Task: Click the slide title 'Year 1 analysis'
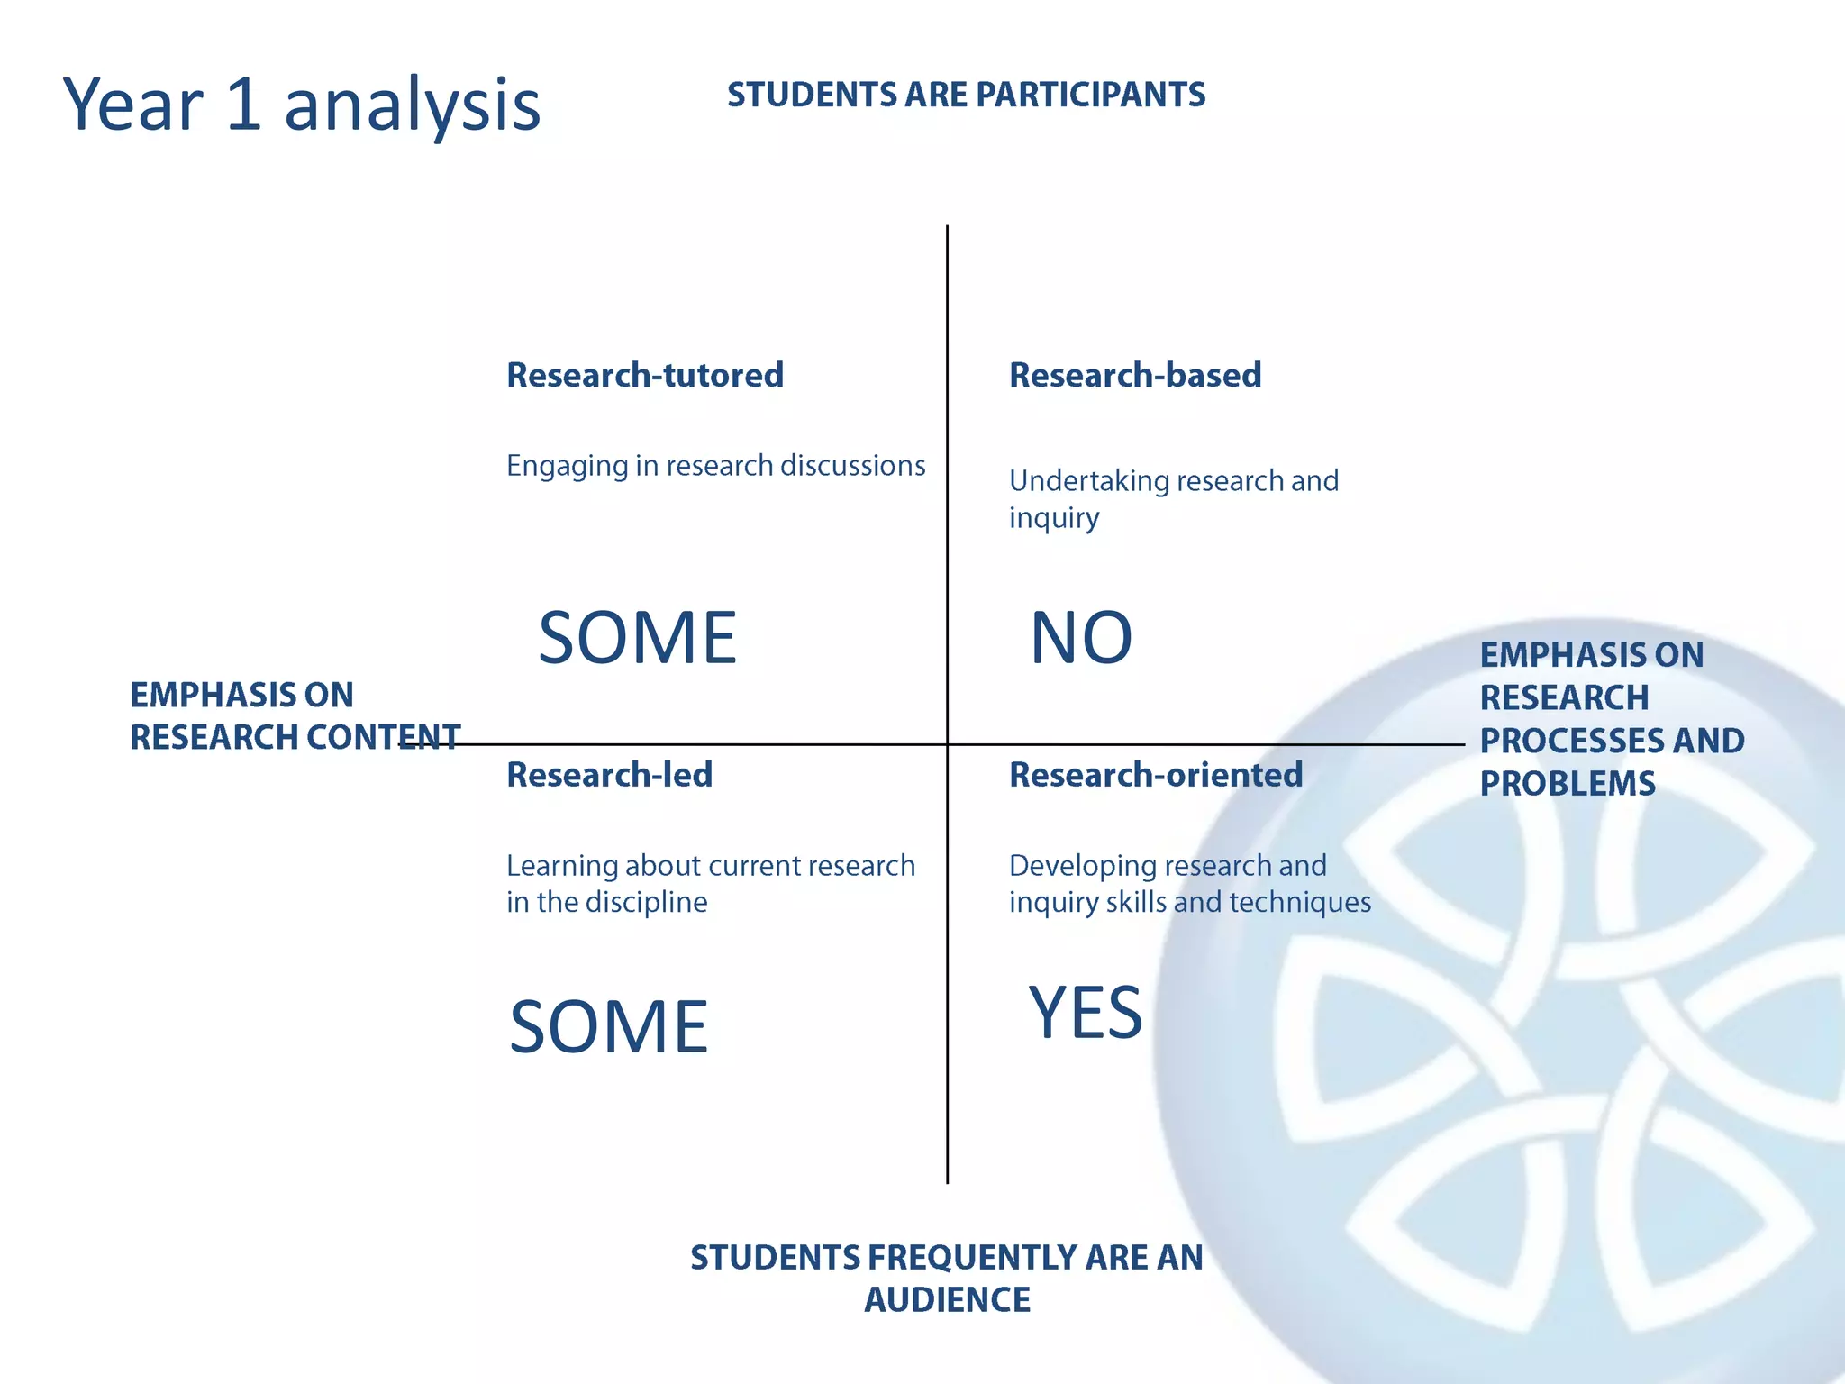coord(302,105)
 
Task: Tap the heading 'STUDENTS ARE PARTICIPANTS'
coord(966,95)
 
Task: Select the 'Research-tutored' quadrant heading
coord(645,375)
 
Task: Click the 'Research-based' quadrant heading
coord(1135,375)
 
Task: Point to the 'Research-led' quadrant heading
coord(609,775)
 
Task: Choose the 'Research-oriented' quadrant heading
coord(1156,775)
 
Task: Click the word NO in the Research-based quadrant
coord(1081,638)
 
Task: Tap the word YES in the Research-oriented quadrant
coord(1086,1012)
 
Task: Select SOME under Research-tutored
coord(638,638)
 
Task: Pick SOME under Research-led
coord(609,1026)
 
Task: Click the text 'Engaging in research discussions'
coord(715,466)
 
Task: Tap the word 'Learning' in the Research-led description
coord(562,866)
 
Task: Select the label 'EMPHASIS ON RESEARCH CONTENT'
coord(295,716)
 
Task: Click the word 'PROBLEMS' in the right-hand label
coord(1568,784)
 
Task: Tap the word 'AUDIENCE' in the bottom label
coord(947,1300)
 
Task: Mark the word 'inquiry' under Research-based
coord(1054,519)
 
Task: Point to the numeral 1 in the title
coord(243,105)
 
